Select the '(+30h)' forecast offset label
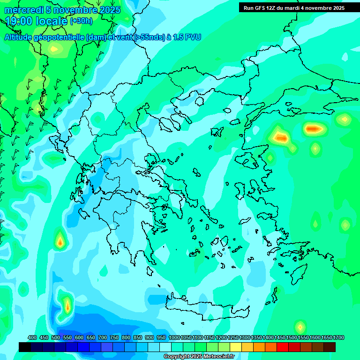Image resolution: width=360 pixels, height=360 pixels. coord(81,21)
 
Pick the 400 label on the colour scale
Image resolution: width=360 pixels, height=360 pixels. coord(32,337)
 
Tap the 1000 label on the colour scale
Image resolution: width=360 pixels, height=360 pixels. coord(174,337)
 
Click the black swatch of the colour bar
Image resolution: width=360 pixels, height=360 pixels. coord(25,347)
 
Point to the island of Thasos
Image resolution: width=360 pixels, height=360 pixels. coord(200,101)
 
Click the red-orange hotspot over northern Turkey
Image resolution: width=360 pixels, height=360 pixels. coord(313,128)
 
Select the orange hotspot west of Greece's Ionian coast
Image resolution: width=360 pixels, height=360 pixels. coord(60,241)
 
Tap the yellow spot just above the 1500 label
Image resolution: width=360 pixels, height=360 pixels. coord(300,326)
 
